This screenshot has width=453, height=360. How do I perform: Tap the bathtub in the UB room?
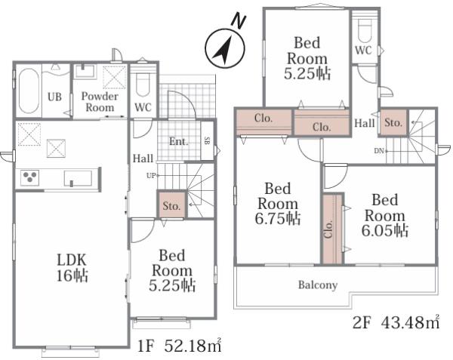[29, 91]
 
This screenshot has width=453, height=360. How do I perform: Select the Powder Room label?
[100, 102]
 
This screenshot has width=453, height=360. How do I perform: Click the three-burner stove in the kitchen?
[29, 177]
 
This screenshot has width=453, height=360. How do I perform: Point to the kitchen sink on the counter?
[78, 178]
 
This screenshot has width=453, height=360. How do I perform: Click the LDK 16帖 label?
[72, 268]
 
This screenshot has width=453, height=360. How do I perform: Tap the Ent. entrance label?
[178, 141]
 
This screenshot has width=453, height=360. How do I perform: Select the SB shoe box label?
[207, 140]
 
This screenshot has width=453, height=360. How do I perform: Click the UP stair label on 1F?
[151, 176]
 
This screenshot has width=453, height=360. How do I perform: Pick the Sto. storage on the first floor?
[171, 205]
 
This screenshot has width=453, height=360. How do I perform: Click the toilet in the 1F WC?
[142, 85]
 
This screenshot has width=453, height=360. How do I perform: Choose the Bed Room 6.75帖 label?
[278, 204]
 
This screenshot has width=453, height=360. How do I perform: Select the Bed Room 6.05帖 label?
[384, 215]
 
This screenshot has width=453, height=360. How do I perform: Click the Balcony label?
[318, 285]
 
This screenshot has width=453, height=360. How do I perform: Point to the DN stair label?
[379, 151]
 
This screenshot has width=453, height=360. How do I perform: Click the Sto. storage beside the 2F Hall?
[393, 122]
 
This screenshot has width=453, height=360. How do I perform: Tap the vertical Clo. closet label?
[328, 229]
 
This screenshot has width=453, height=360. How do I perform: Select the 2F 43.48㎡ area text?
[396, 322]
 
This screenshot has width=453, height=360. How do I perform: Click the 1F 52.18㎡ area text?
[179, 346]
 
